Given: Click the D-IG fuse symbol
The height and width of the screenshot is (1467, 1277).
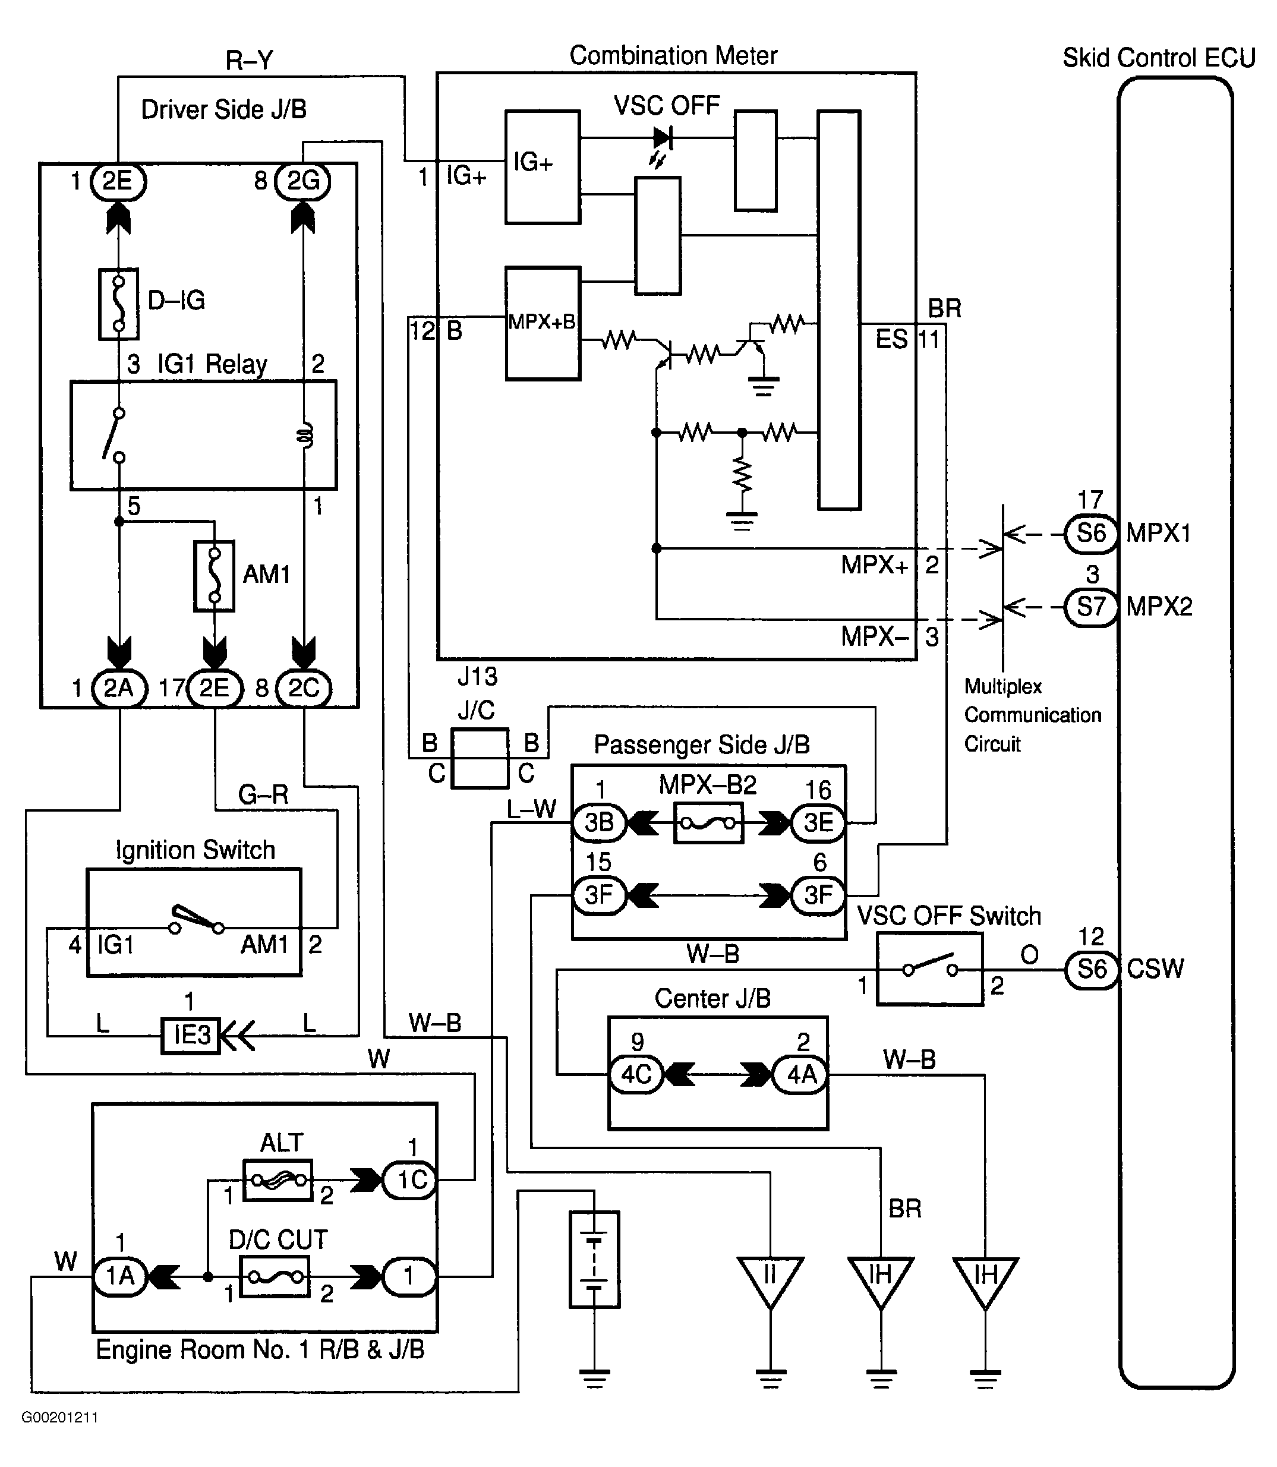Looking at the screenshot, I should click(118, 304).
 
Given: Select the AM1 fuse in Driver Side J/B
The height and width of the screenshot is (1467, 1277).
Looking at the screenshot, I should click(214, 576).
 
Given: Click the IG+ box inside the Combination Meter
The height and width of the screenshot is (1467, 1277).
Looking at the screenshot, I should click(543, 168).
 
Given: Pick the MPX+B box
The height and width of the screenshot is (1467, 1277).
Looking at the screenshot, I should click(543, 323).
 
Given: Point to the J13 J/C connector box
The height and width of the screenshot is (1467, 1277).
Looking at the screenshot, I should click(480, 758).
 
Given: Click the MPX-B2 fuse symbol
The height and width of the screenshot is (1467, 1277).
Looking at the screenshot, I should click(708, 823).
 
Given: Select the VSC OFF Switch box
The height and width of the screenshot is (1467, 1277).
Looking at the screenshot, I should click(929, 969).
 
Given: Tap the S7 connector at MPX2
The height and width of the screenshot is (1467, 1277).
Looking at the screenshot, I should click(1090, 607).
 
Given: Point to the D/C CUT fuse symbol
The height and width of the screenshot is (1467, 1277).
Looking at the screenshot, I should click(275, 1276).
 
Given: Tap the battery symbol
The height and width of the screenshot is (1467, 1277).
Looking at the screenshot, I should click(594, 1260).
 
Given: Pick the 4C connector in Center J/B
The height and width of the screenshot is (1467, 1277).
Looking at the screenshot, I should click(636, 1074).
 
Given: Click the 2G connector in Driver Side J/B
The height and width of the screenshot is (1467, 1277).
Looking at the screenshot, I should click(303, 182).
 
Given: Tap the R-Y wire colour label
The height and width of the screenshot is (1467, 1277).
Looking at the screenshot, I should click(249, 61).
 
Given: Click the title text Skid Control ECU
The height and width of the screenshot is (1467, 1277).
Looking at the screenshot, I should click(1159, 58).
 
